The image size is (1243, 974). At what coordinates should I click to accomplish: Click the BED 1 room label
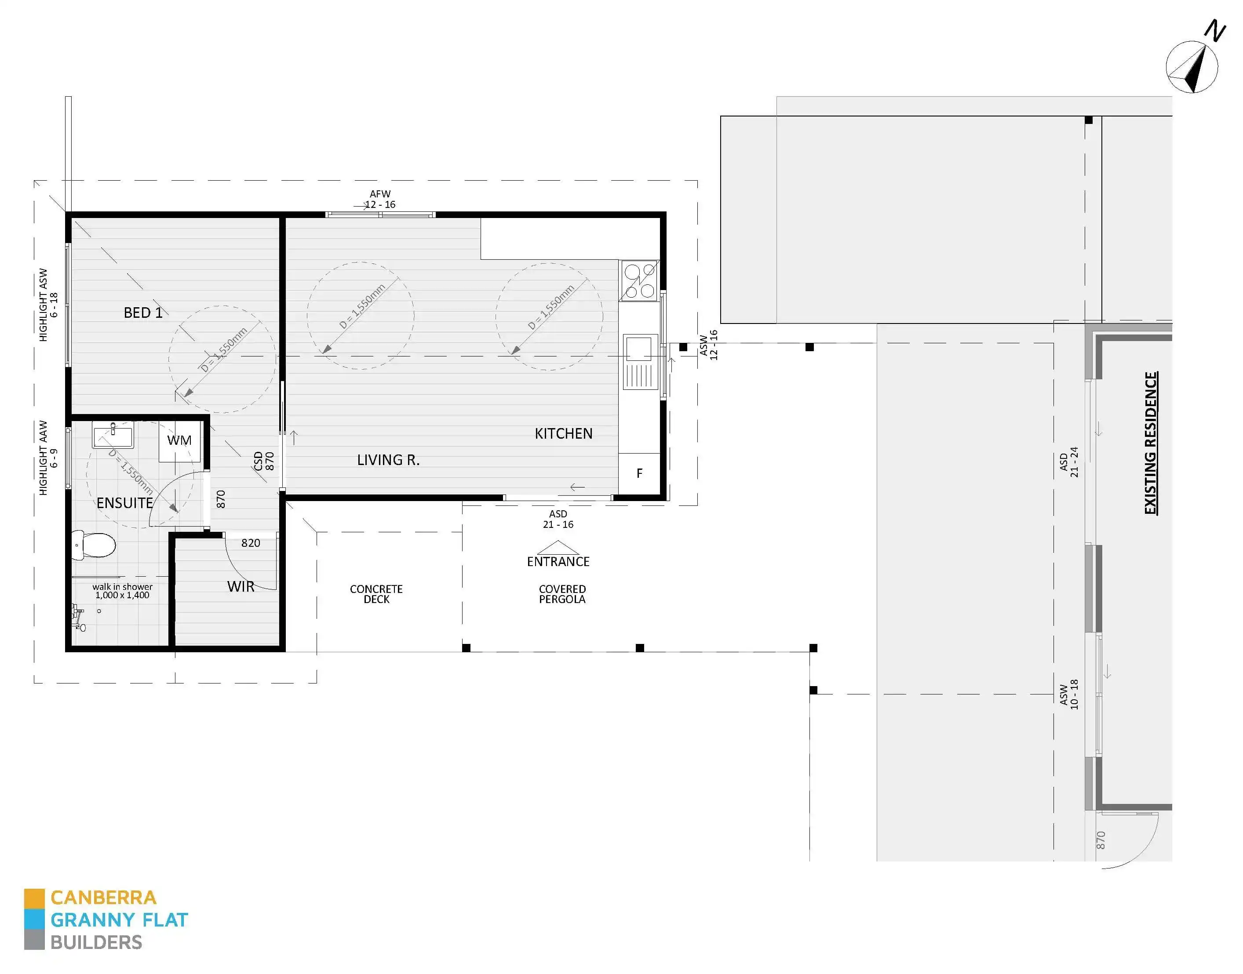pyautogui.click(x=142, y=313)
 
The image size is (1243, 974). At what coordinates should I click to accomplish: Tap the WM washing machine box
pyautogui.click(x=179, y=441)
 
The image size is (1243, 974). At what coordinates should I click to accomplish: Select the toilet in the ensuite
pyautogui.click(x=94, y=545)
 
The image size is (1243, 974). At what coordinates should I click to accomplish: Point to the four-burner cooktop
pyautogui.click(x=639, y=280)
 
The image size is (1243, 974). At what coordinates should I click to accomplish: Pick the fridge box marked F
pyautogui.click(x=639, y=473)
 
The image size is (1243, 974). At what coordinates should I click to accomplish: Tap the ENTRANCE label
pyautogui.click(x=558, y=561)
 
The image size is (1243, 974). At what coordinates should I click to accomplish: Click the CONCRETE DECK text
pyautogui.click(x=376, y=594)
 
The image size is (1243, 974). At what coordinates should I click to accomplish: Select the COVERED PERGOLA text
pyautogui.click(x=562, y=594)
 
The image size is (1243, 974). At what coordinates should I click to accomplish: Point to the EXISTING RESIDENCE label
pyautogui.click(x=1151, y=443)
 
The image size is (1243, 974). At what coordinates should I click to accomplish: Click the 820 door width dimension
pyautogui.click(x=251, y=543)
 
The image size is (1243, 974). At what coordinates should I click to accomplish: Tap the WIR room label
pyautogui.click(x=241, y=586)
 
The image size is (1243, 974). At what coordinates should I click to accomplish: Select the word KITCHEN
pyautogui.click(x=563, y=433)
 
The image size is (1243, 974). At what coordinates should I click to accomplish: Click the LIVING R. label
pyautogui.click(x=388, y=460)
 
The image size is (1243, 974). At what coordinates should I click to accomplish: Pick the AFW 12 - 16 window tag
pyautogui.click(x=380, y=199)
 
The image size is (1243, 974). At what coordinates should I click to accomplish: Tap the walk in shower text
pyautogui.click(x=122, y=591)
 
